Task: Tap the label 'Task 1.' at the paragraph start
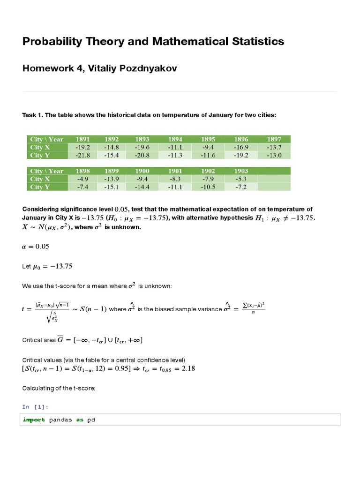[x=33, y=115]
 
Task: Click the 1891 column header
[x=82, y=139]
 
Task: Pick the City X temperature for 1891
[x=82, y=147]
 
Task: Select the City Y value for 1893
[x=142, y=155]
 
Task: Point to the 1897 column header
[x=274, y=139]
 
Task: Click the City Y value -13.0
[x=274, y=155]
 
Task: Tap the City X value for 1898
[x=82, y=179]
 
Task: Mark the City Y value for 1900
[x=142, y=187]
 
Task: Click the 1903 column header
[x=240, y=171]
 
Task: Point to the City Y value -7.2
[x=240, y=187]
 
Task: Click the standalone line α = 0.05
[x=36, y=247]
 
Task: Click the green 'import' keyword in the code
[x=34, y=420]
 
